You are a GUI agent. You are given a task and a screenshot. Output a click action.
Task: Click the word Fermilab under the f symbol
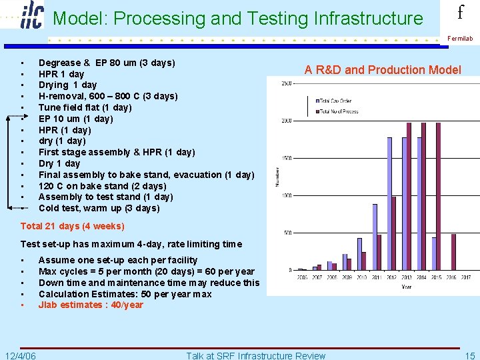[460, 39]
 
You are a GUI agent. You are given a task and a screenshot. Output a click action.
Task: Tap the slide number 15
[470, 355]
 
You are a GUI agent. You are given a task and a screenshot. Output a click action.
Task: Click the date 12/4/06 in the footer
[20, 355]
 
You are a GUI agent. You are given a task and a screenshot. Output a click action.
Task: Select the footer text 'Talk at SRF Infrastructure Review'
[256, 355]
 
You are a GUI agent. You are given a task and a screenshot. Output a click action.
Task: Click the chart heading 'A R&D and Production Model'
[383, 70]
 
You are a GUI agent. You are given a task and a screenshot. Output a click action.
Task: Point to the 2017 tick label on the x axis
[465, 277]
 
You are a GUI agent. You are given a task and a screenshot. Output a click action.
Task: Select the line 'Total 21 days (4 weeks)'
[73, 227]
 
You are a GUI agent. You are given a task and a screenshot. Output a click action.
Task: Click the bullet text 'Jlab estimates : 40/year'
[91, 305]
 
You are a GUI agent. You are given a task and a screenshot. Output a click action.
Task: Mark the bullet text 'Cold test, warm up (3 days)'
[99, 208]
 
